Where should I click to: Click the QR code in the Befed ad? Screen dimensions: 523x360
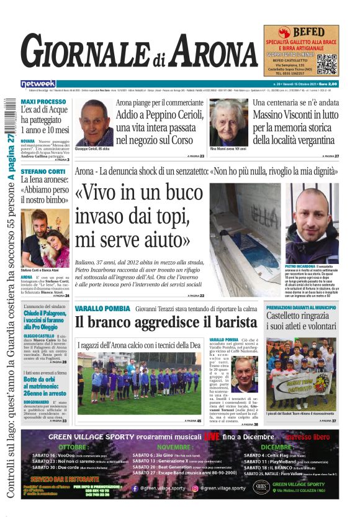tap(326, 63)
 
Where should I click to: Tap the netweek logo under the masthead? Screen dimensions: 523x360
tap(38, 84)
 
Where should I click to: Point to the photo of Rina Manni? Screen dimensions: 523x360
tap(229, 123)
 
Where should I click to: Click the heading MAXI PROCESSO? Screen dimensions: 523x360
tap(43, 101)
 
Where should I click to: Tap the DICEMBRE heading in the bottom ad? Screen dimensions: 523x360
tap(277, 447)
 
